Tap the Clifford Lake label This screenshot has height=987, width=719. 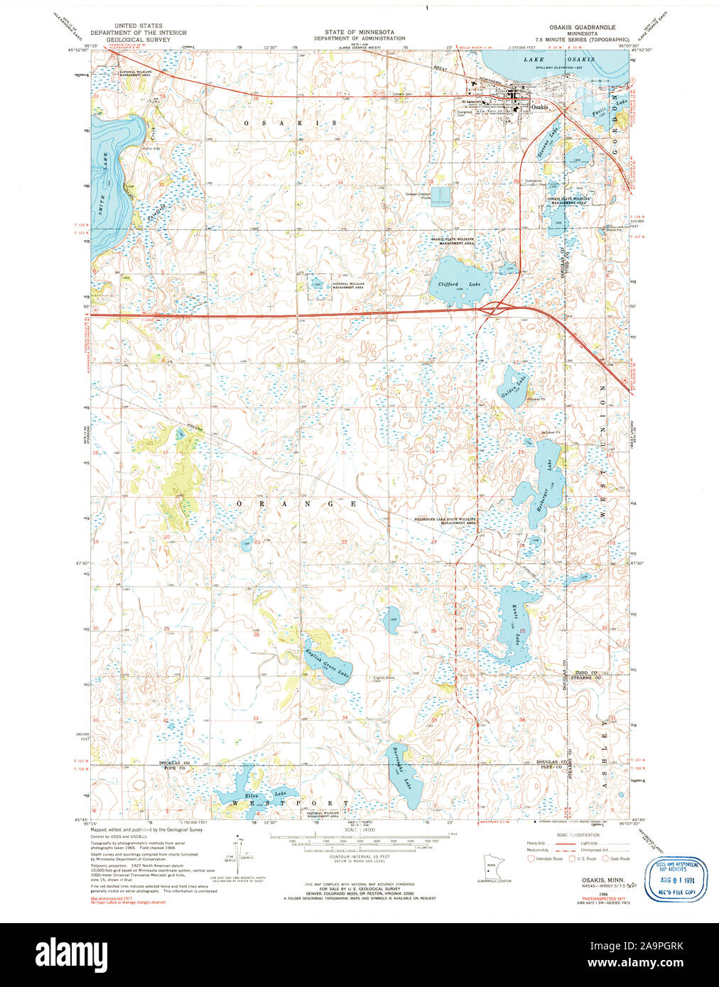[459, 284]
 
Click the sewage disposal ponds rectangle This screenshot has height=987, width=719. [440, 197]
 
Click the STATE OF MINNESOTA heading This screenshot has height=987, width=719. [359, 32]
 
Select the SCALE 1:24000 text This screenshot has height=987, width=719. [359, 829]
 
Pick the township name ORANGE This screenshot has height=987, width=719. [295, 503]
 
